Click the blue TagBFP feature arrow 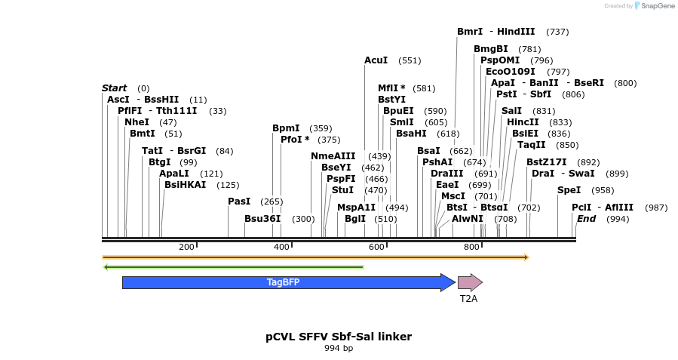pos(284,283)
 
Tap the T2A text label pos(468,299)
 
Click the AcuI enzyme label pos(376,60)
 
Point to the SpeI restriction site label pos(569,190)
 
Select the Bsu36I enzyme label pos(262,219)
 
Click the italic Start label pos(115,88)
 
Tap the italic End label pos(586,219)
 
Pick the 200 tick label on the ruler pos(186,248)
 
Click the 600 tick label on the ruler pos(376,248)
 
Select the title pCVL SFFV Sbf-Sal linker pos(339,336)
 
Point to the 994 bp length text pos(339,349)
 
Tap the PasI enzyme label pos(239,202)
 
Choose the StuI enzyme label pos(342,190)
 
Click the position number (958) pos(603,190)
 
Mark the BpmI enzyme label pos(286,128)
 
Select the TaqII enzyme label pos(531,145)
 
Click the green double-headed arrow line pos(234,266)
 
